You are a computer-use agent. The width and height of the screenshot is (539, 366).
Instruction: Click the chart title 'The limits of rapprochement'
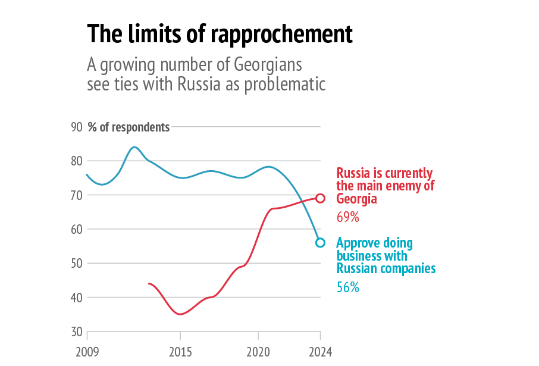[220, 34]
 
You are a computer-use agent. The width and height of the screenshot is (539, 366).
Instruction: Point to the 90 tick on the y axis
[76, 127]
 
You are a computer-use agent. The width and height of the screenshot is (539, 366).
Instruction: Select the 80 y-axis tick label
[76, 161]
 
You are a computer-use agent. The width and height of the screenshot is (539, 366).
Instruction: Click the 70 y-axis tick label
[76, 195]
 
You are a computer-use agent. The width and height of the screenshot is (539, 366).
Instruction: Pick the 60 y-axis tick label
[76, 229]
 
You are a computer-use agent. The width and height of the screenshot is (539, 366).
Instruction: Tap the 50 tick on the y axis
[76, 263]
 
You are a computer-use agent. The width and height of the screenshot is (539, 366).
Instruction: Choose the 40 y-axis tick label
[76, 298]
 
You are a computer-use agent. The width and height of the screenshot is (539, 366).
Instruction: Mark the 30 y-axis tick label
[76, 331]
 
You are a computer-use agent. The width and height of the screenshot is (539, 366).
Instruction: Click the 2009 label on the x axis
[87, 351]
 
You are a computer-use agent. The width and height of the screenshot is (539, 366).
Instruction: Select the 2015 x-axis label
[180, 351]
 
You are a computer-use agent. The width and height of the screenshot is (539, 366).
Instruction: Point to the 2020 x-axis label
[258, 351]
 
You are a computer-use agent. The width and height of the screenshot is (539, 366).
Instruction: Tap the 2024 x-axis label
[320, 351]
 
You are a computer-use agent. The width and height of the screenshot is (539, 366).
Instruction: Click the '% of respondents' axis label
[129, 127]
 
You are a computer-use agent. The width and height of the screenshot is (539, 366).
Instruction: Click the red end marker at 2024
[320, 198]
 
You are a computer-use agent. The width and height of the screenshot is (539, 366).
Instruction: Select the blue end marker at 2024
[320, 242]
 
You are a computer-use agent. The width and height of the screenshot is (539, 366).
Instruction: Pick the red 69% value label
[348, 217]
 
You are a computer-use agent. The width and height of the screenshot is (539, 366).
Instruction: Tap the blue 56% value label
[348, 287]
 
